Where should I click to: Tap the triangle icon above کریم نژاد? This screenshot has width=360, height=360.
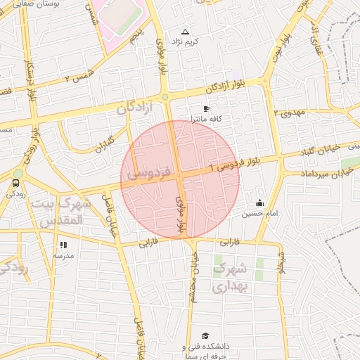click(x=186, y=32)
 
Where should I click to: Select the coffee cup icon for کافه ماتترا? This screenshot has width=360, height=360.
click(x=206, y=109)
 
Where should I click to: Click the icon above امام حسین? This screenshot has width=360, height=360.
click(x=259, y=203)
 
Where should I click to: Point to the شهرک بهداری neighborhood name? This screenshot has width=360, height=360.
click(x=230, y=278)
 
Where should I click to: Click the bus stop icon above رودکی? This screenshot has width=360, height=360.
click(x=15, y=184)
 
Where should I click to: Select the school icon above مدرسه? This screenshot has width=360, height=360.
click(x=63, y=245)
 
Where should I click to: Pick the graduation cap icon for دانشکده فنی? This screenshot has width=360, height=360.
click(x=205, y=336)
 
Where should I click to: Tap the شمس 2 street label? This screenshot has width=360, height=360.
click(x=78, y=75)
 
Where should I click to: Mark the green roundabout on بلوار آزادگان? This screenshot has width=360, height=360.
click(x=165, y=97)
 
